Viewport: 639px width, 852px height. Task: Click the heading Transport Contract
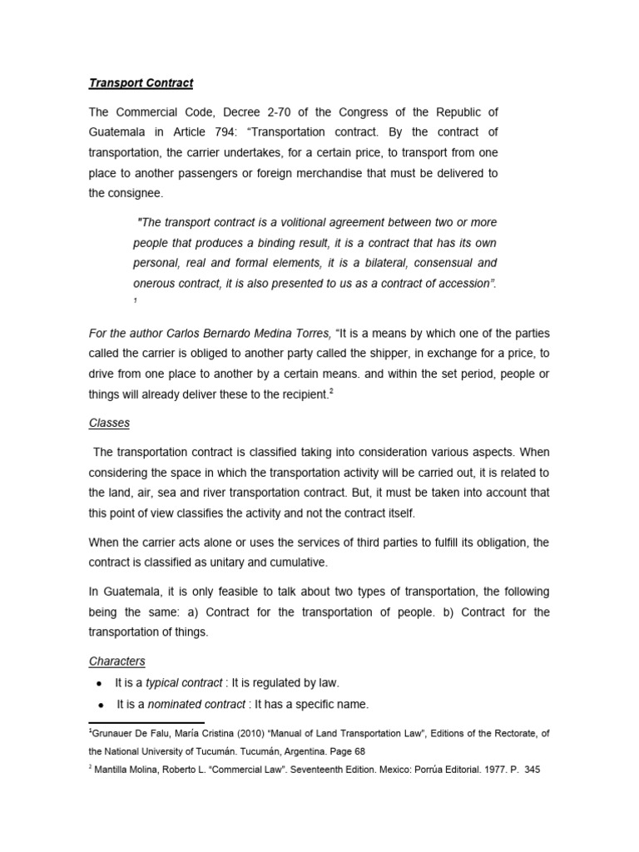141,83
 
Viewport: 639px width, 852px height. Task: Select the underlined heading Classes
109,423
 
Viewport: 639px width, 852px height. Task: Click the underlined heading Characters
116,661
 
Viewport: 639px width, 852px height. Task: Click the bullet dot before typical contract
99,683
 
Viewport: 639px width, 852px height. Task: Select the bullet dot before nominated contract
99,705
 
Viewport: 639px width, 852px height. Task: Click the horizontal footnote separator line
146,723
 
